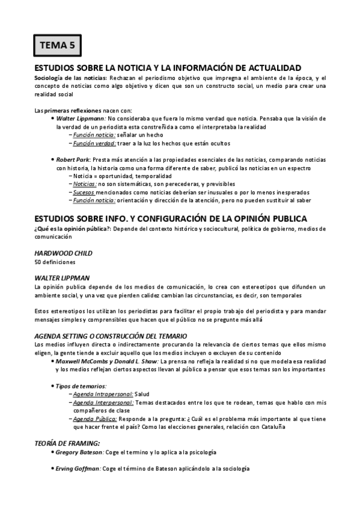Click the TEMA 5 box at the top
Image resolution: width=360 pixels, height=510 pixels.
56,45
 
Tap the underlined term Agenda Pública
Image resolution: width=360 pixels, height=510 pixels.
94,418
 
